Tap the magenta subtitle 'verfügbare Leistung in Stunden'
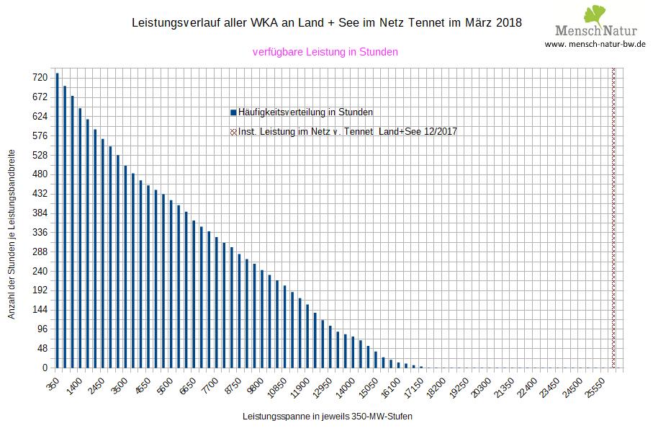tap(325, 52)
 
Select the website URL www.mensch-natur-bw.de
tap(595, 44)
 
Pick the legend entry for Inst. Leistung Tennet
tap(343, 132)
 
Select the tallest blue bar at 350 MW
tap(58, 220)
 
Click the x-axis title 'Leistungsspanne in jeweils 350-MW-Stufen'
tap(328, 417)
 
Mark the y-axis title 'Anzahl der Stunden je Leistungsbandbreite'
tap(12, 235)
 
